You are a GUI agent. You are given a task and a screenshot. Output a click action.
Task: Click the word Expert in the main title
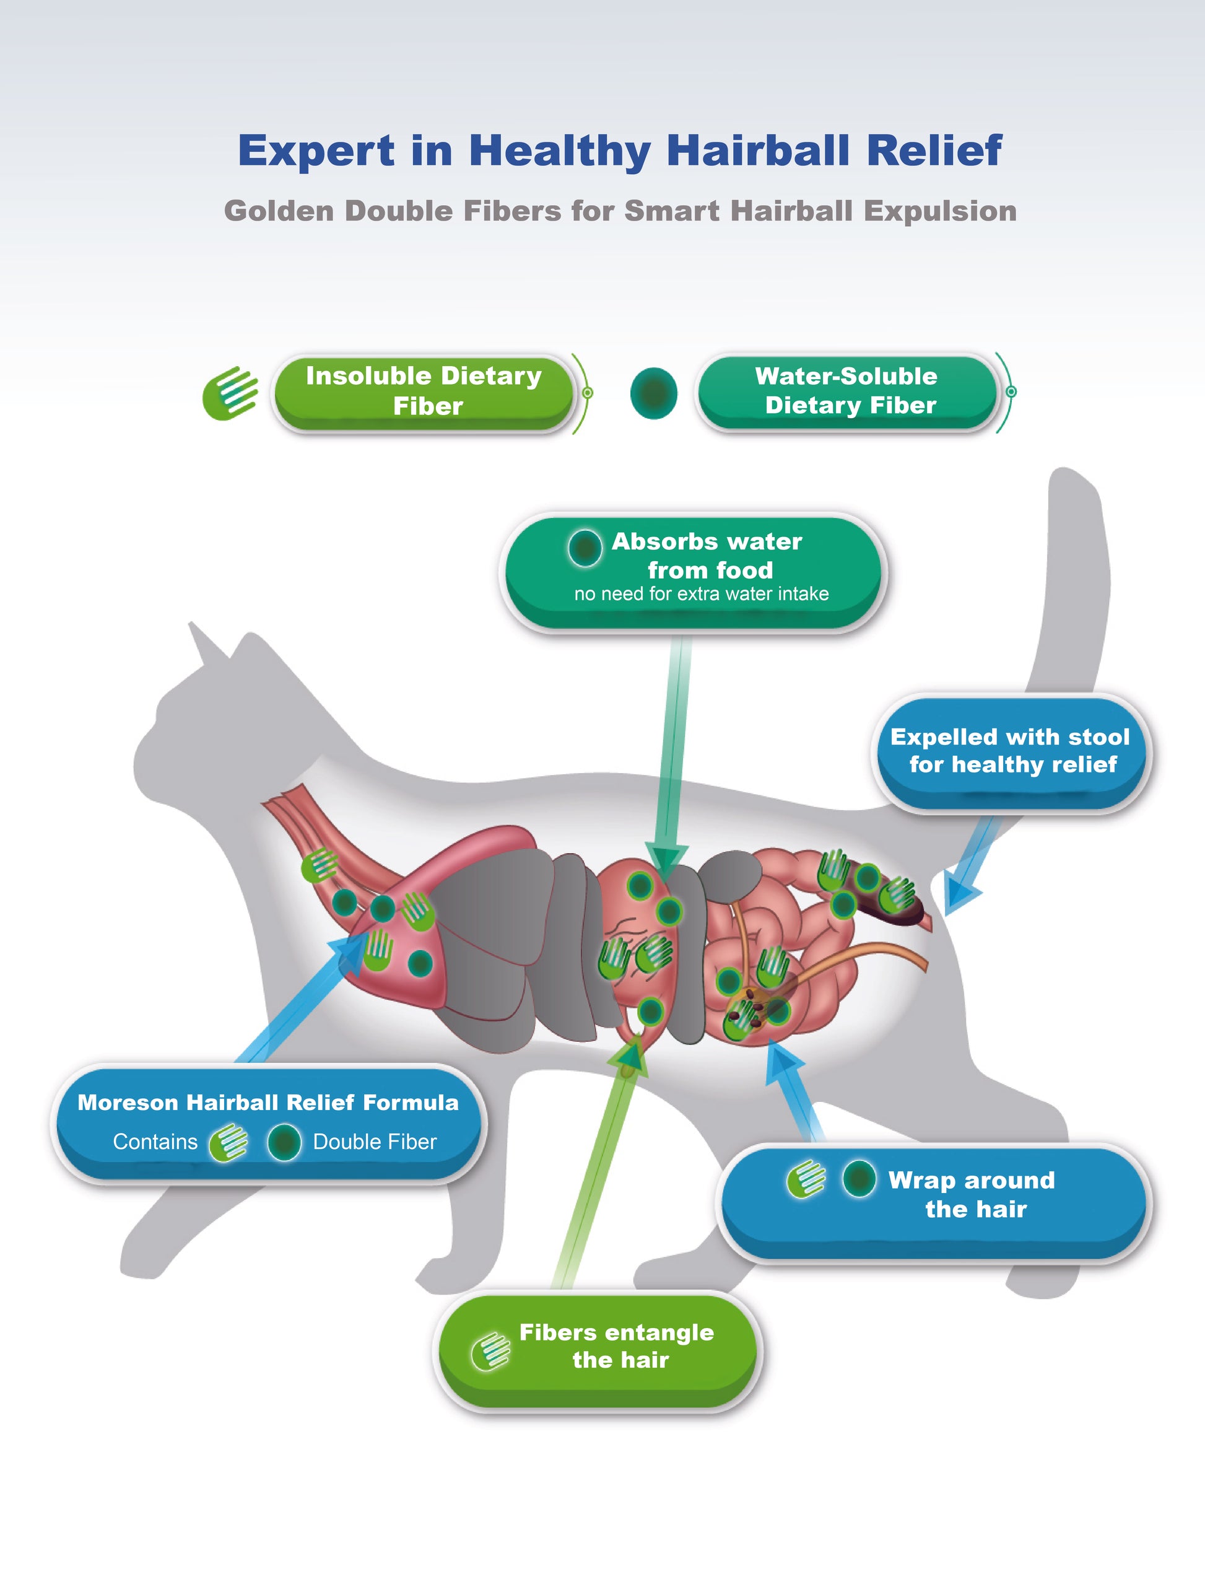(316, 151)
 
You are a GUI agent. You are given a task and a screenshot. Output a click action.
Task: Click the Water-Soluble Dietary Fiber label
(847, 391)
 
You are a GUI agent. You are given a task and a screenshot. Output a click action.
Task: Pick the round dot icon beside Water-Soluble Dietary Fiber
(653, 393)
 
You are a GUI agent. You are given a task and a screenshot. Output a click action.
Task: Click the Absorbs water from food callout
(693, 571)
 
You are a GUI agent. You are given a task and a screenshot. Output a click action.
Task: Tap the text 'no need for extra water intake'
(701, 594)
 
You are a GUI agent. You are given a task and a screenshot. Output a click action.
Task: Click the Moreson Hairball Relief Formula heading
(268, 1103)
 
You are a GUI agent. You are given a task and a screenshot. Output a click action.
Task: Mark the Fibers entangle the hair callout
(598, 1347)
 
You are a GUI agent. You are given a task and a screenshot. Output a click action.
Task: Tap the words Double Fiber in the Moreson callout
(375, 1142)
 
